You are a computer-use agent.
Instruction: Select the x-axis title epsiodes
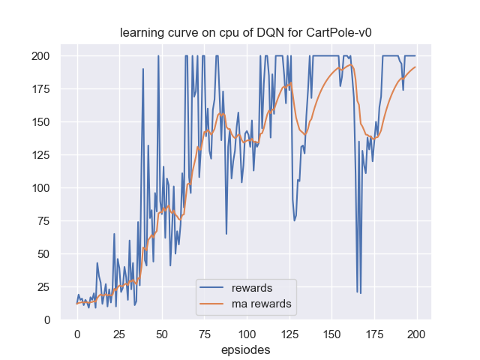pos(245,349)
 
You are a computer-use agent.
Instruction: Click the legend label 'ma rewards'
pos(261,304)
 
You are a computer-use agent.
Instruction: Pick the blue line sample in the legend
pos(213,288)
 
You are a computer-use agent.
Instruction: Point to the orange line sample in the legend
pos(213,304)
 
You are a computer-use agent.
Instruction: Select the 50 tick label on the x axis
pos(161,333)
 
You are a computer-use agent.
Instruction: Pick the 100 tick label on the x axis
pos(246,333)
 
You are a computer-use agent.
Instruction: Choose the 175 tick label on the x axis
pos(373,333)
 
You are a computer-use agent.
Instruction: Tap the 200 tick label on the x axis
pos(416,333)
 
